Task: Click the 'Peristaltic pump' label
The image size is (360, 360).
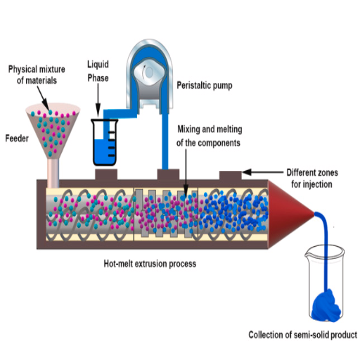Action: (205, 85)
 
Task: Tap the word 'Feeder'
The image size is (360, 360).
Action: (17, 139)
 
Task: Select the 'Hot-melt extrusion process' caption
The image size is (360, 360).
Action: (150, 264)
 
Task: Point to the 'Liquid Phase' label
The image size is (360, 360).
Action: (98, 71)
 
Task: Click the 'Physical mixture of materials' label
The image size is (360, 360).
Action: (37, 75)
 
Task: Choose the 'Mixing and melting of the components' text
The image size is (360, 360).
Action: (209, 136)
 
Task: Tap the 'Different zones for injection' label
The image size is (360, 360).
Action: (312, 179)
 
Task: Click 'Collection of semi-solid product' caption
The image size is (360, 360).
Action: (303, 335)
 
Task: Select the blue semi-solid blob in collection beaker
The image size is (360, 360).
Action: (326, 306)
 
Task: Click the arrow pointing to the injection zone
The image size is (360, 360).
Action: (262, 172)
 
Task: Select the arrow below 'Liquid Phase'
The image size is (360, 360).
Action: (98, 101)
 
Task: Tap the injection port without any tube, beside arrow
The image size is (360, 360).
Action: (231, 176)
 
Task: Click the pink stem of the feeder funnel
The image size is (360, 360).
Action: (53, 174)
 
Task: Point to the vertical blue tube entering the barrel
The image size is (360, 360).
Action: (165, 141)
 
